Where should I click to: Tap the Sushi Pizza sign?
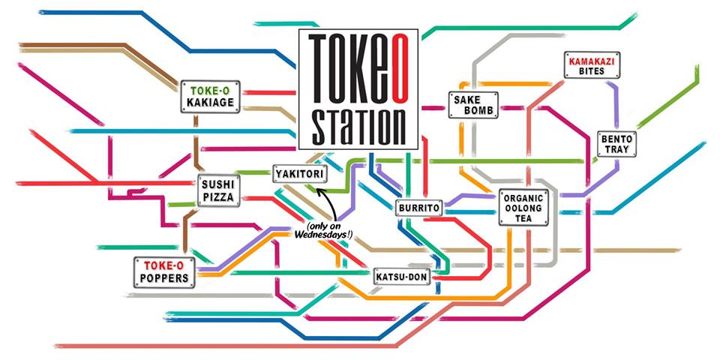218,190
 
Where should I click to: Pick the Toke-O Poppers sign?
164,271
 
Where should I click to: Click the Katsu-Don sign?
400,277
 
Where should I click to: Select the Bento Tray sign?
617,145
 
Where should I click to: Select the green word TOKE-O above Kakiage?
212,88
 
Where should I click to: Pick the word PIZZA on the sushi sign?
218,198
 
